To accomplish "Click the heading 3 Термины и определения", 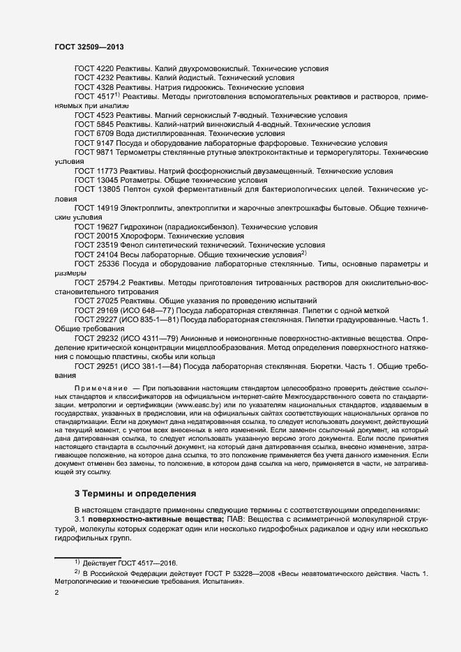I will pyautogui.click(x=131, y=494).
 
